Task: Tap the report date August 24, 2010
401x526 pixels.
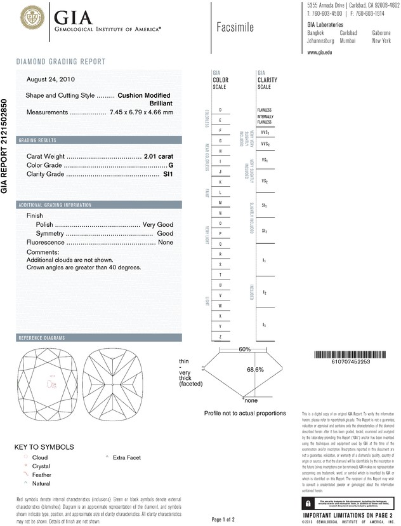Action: [x=50, y=79]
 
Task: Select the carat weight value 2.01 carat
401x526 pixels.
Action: [x=159, y=156]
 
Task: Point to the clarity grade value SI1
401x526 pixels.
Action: [x=168, y=173]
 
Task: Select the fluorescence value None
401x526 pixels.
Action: [x=166, y=243]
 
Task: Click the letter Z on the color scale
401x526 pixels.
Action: [x=220, y=336]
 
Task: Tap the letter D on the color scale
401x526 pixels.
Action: [x=220, y=110]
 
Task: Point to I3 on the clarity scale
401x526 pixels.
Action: [x=264, y=325]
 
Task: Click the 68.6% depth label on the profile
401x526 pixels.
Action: [x=255, y=369]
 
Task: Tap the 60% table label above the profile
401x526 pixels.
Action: [x=244, y=349]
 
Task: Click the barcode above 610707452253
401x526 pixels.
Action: [x=350, y=354]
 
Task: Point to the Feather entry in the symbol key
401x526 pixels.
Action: [x=41, y=475]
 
